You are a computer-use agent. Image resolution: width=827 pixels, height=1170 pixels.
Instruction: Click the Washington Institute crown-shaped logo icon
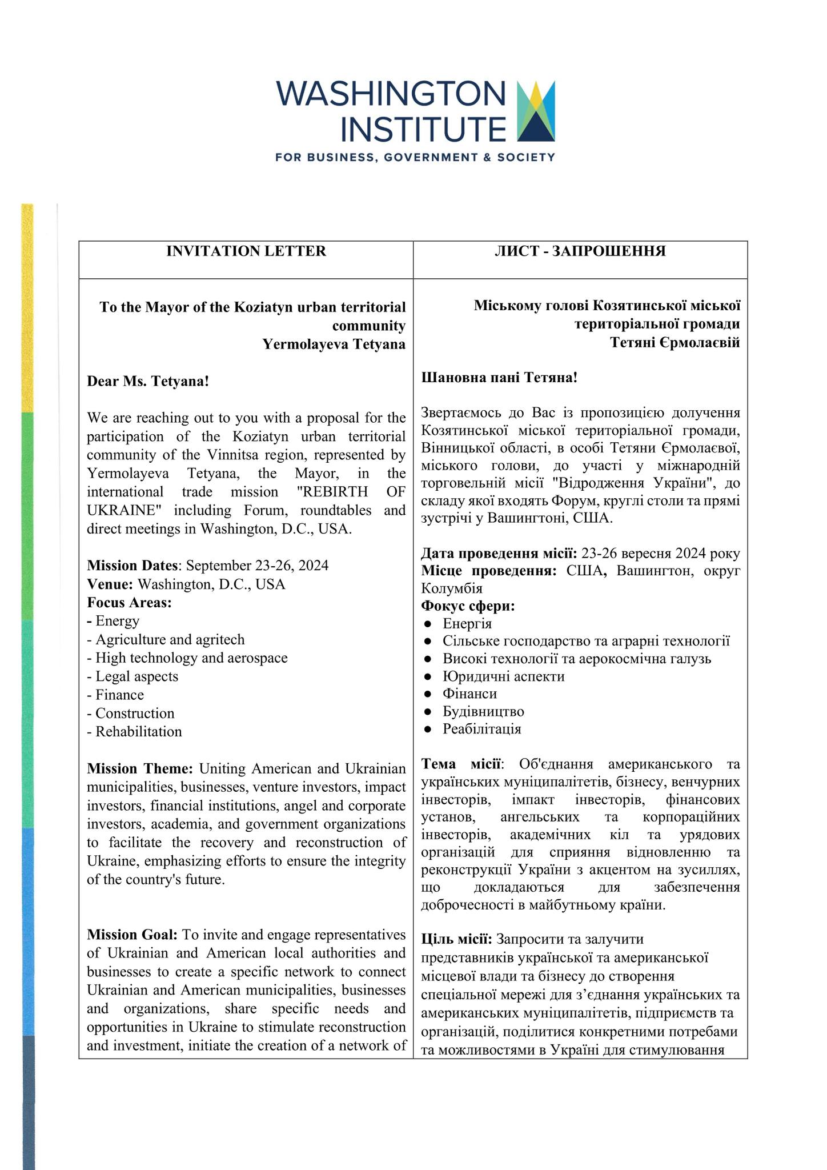pos(535,111)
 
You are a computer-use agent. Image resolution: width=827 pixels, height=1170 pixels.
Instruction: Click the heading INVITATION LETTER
pos(246,251)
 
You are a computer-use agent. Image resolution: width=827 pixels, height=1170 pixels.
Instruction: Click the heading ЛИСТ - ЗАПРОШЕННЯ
pos(580,251)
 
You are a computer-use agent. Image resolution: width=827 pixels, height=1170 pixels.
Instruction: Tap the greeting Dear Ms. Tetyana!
pos(148,381)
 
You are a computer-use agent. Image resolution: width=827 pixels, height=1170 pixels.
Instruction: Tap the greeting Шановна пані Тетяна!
pos(499,378)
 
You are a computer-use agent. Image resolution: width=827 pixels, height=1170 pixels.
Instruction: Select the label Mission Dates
pos(133,566)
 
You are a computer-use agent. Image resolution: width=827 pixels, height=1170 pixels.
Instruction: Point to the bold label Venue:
pos(110,584)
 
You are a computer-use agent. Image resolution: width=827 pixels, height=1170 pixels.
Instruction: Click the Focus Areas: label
pos(130,603)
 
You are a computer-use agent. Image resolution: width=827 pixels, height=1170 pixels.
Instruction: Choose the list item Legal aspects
pos(137,676)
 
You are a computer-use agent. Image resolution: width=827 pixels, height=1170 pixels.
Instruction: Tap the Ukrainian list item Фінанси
pos(469,694)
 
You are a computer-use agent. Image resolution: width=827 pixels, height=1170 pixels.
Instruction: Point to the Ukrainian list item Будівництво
pos(483,711)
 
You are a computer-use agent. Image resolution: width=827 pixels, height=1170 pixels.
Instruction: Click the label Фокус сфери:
pos(468,606)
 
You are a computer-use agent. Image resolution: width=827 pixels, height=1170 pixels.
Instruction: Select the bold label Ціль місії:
pos(456,939)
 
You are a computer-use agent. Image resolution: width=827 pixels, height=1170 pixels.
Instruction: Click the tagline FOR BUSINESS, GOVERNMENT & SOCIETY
pos(415,157)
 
